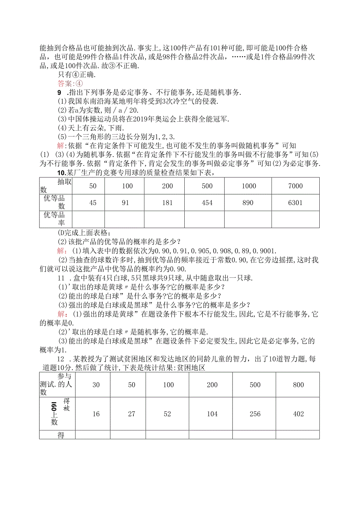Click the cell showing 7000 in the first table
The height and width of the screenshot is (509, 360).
tap(295, 186)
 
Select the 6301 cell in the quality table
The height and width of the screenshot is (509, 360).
tap(295, 203)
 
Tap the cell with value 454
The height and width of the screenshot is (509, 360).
tap(207, 203)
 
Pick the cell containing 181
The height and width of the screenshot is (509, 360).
tap(167, 203)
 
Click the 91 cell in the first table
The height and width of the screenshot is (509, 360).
tap(127, 203)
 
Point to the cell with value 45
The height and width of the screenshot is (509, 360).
tap(93, 203)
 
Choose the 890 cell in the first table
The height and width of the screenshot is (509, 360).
tap(248, 203)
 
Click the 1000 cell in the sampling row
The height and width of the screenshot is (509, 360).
tap(248, 186)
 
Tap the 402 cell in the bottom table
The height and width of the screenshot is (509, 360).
tap(298, 414)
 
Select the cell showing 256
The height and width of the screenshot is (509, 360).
tap(255, 414)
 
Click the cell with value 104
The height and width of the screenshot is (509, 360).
tap(212, 414)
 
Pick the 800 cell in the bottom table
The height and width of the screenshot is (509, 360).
tap(298, 385)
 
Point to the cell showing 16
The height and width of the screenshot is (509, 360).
tap(96, 414)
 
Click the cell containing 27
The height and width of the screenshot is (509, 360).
tap(131, 414)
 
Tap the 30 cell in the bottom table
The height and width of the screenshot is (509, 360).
tap(96, 385)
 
